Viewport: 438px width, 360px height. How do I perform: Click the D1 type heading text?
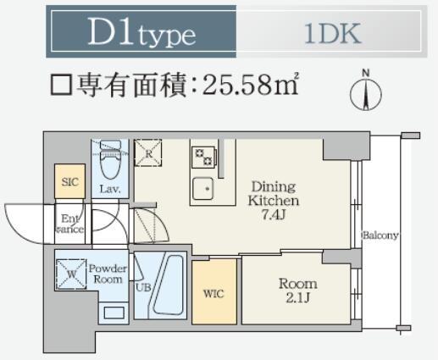tap(141, 32)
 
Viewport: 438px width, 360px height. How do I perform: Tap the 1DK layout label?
tap(333, 34)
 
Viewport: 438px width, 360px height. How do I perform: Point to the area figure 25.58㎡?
tap(250, 85)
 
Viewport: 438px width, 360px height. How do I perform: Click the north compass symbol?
tap(366, 91)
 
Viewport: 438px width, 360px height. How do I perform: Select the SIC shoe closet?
tap(69, 181)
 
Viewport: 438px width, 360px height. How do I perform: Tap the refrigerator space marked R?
tap(148, 152)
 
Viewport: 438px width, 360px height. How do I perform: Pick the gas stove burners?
tap(204, 158)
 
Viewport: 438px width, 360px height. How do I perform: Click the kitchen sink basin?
tap(202, 188)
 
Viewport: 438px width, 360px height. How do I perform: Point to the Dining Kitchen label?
tap(274, 194)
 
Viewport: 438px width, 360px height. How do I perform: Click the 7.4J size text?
tap(273, 215)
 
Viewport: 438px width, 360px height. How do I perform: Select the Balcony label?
tap(380, 235)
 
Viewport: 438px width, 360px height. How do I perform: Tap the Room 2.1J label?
tap(298, 291)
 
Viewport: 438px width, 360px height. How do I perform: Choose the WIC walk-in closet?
tap(214, 291)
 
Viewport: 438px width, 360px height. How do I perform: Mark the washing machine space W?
tap(71, 274)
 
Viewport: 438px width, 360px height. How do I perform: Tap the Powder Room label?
tap(108, 274)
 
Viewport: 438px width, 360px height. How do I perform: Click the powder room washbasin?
tap(114, 313)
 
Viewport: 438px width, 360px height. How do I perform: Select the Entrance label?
tap(69, 224)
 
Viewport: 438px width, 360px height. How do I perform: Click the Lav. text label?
tap(110, 189)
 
